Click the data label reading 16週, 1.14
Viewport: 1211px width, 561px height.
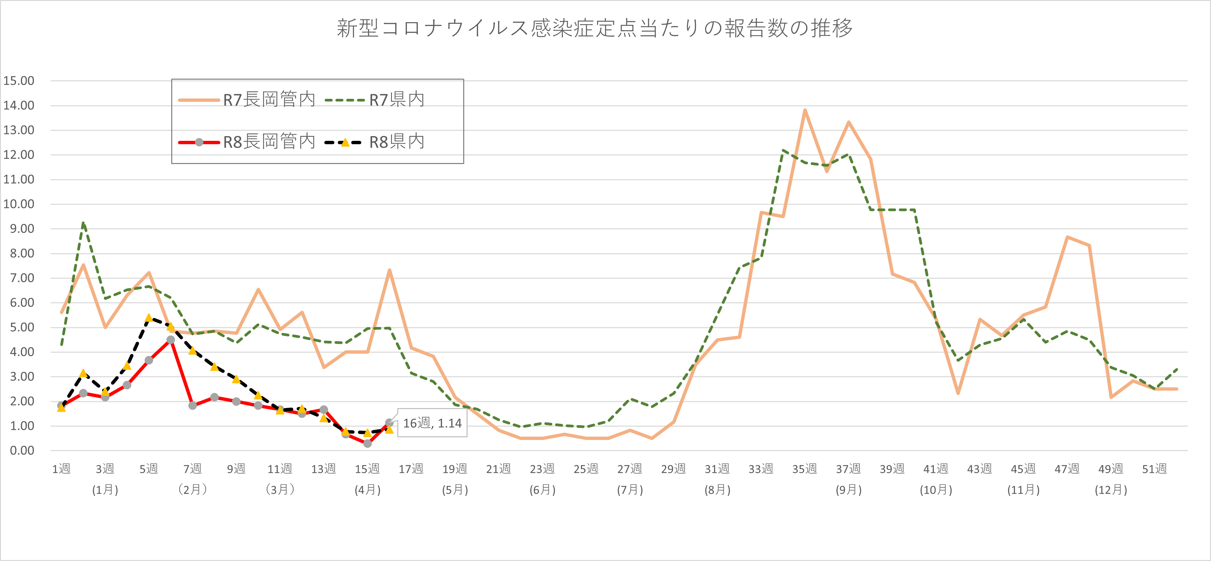click(x=432, y=423)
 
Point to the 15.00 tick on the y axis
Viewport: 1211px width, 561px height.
click(x=19, y=81)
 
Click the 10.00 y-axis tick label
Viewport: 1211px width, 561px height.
click(x=19, y=204)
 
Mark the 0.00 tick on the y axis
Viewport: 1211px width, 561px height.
click(x=22, y=451)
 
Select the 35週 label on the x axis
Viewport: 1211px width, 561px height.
click(x=804, y=469)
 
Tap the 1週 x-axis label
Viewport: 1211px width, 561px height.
click(x=61, y=469)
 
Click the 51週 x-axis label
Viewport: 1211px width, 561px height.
click(x=1154, y=469)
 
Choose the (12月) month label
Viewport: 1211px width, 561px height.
click(x=1111, y=490)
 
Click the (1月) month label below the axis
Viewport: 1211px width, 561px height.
click(x=105, y=490)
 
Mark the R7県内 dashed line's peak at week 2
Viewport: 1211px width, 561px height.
click(x=83, y=223)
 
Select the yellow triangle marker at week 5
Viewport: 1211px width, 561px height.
click(x=149, y=318)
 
